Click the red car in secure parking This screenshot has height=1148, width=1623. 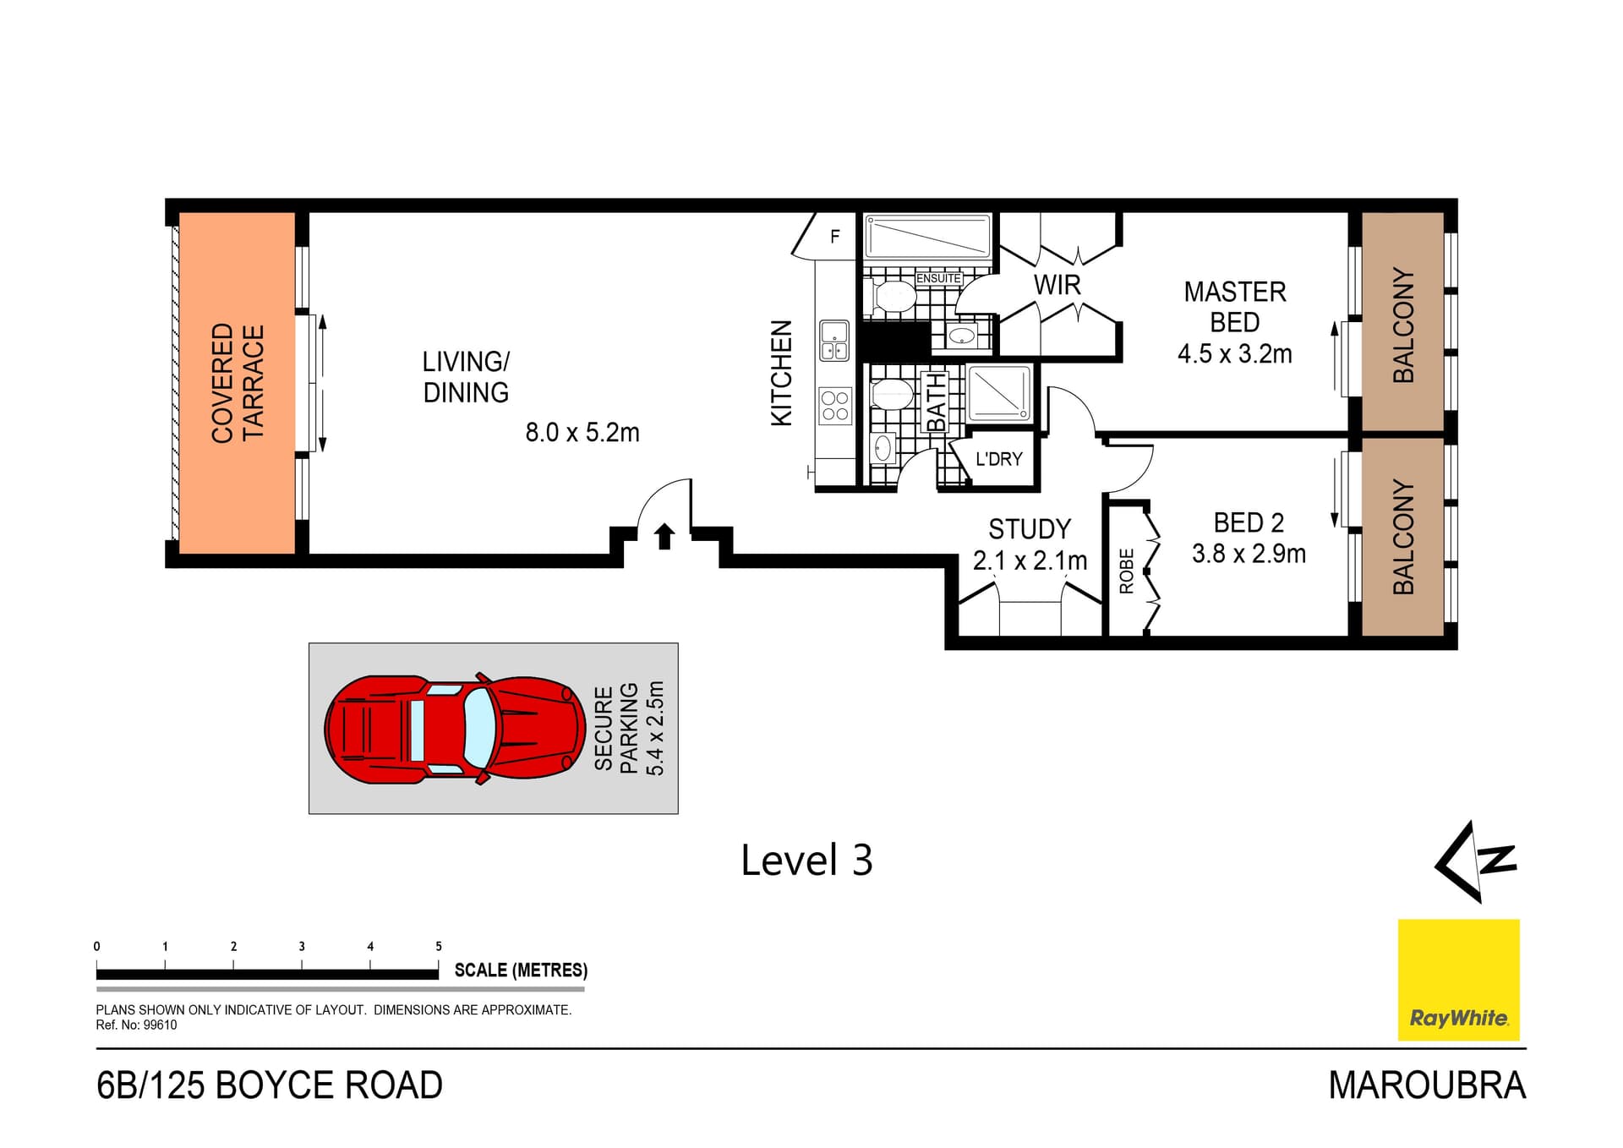click(455, 729)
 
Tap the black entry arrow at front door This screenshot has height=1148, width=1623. click(664, 536)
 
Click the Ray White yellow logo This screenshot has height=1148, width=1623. click(1458, 979)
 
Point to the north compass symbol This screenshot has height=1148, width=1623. click(1475, 861)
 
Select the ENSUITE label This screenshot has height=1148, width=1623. click(938, 278)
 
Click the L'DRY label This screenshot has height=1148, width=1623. click(999, 459)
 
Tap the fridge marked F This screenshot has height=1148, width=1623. click(834, 237)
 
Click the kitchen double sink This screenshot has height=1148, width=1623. click(834, 341)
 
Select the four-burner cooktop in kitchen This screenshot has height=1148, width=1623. click(835, 406)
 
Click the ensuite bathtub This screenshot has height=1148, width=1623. click(927, 237)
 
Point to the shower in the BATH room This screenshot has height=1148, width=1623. click(999, 393)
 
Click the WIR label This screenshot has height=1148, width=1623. click(1057, 285)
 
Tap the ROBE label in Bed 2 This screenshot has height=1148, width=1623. click(1126, 571)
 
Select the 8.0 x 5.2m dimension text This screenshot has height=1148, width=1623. click(582, 433)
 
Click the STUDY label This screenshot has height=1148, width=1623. click(1029, 529)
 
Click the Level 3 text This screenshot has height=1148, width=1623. click(806, 861)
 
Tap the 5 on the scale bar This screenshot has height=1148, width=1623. click(439, 946)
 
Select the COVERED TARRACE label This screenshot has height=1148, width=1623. click(238, 382)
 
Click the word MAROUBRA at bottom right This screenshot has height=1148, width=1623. click(1426, 1085)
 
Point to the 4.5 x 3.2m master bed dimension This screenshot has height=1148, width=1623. click(1234, 353)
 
